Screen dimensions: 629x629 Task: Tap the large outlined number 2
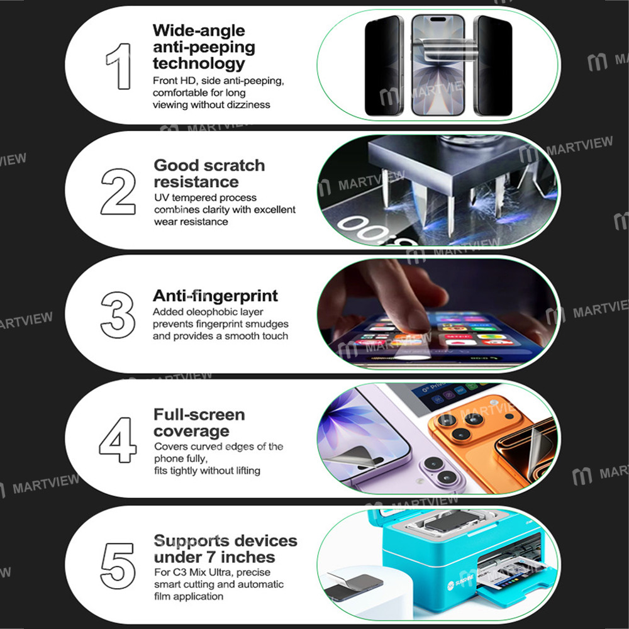point(118,191)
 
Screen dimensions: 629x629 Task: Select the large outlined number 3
point(118,315)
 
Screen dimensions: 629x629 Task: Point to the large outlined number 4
point(118,440)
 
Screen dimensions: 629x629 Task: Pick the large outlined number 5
point(118,565)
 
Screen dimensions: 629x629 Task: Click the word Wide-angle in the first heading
point(199,31)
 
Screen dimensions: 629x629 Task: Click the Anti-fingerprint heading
point(215,296)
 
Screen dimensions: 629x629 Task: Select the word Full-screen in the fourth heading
point(199,415)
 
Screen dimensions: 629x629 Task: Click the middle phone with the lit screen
point(438,65)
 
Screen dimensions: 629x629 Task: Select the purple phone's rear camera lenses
point(440,470)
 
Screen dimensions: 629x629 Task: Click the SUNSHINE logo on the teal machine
point(461,581)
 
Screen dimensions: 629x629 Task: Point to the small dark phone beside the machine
point(353,586)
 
